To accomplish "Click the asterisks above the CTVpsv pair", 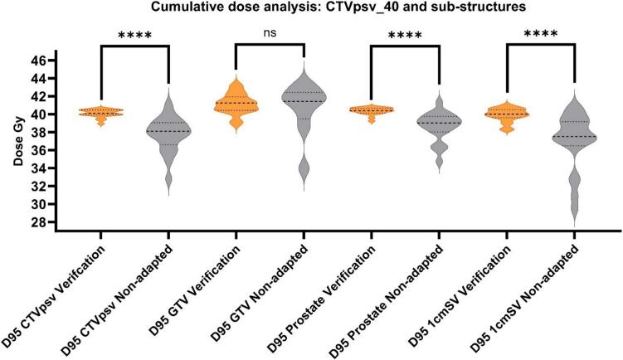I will (134, 36).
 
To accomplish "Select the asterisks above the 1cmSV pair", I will (539, 36).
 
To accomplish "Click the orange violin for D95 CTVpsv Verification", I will (101, 112).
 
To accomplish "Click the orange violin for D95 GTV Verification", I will (236, 105).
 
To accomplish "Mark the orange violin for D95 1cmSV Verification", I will (506, 114).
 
